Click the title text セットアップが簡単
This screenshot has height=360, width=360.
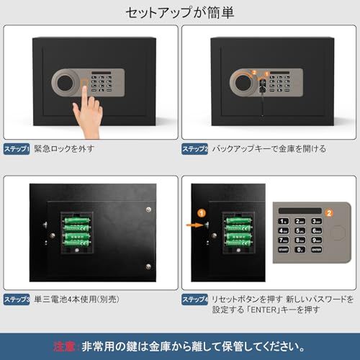(179, 12)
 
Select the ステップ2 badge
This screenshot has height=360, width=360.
(195, 149)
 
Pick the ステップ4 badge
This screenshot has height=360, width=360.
(195, 298)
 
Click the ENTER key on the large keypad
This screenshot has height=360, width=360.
(316, 249)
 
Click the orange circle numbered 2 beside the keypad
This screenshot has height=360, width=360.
(329, 213)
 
